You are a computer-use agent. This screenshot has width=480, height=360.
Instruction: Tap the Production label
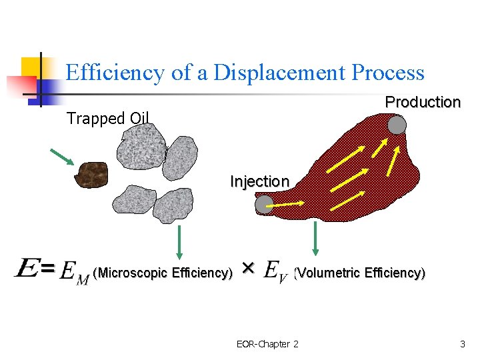pyautogui.click(x=423, y=102)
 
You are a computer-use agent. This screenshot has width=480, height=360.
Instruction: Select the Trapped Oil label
pyautogui.click(x=107, y=119)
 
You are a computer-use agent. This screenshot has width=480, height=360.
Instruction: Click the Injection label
pyautogui.click(x=259, y=181)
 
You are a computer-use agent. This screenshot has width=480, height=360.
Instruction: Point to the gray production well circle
pyautogui.click(x=397, y=125)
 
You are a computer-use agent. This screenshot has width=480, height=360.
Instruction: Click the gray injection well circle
pyautogui.click(x=265, y=205)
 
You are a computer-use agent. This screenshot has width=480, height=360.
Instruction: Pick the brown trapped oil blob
pyautogui.click(x=93, y=175)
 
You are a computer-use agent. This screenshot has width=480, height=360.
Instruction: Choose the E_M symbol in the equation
pyautogui.click(x=74, y=273)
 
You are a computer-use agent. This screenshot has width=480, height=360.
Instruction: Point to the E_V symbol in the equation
pyautogui.click(x=275, y=272)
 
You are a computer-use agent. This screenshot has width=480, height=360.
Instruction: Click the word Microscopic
pyautogui.click(x=133, y=273)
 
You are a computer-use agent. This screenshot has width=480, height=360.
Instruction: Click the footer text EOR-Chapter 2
pyautogui.click(x=267, y=344)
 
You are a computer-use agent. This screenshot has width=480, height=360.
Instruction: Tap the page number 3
pyautogui.click(x=462, y=344)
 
